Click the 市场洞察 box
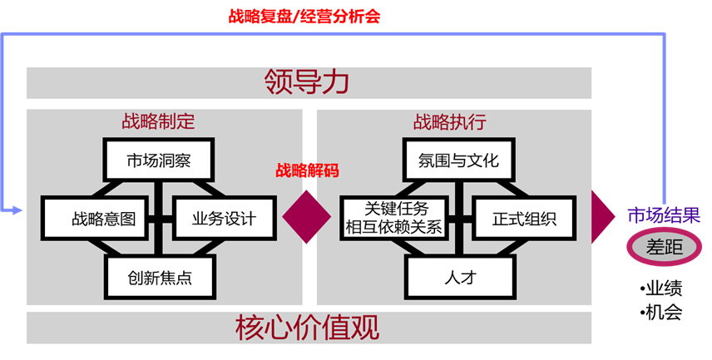159,160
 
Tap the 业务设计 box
224,219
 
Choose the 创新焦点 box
159,278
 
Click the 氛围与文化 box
459,160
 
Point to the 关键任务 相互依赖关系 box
393,218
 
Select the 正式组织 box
524,219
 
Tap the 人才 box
459,277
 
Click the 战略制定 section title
158,121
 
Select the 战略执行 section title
450,121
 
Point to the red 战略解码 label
308,170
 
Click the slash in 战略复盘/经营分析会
299,16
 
